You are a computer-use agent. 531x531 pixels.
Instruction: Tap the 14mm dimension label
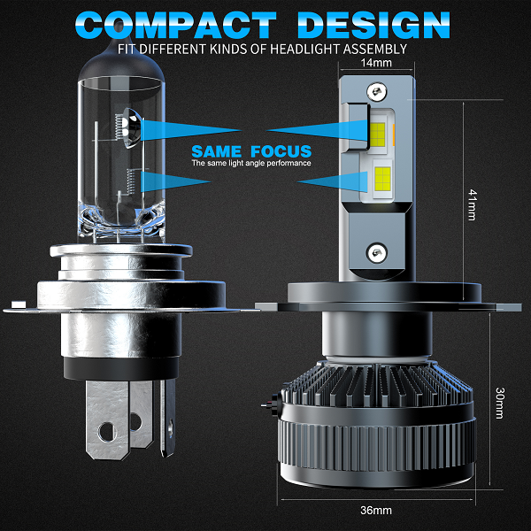pos(377,63)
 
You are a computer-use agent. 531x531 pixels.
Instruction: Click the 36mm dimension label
pos(376,511)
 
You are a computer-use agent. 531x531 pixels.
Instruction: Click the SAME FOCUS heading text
pos(251,151)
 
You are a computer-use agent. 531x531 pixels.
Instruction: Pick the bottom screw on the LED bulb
pos(378,251)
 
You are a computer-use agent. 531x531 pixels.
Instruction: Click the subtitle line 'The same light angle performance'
pos(251,164)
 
